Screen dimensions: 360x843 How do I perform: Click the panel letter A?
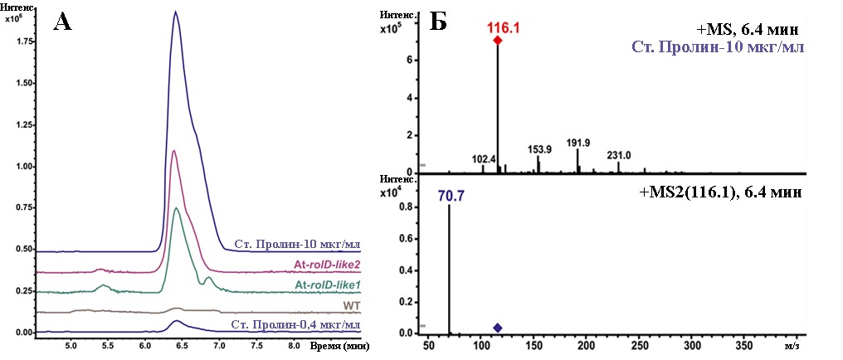pyautogui.click(x=62, y=22)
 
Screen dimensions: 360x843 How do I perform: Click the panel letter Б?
pyautogui.click(x=439, y=22)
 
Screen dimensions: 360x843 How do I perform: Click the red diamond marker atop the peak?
pyautogui.click(x=498, y=40)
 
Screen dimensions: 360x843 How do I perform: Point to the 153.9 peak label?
pyautogui.click(x=539, y=149)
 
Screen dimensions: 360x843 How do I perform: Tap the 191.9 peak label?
pyautogui.click(x=577, y=142)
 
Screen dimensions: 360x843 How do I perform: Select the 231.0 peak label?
pyautogui.click(x=619, y=154)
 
